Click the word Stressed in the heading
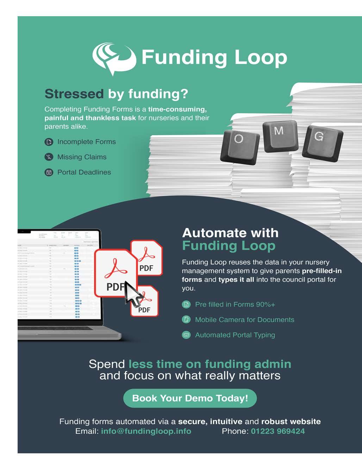point(74,94)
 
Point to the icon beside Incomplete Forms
point(49,142)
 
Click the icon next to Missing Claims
point(49,157)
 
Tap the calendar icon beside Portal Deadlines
point(49,172)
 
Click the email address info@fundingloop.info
point(146,431)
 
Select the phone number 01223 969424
point(278,431)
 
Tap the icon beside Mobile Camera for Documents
point(186,320)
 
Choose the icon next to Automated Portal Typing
point(186,335)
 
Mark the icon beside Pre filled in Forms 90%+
point(186,305)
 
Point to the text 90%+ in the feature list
point(265,305)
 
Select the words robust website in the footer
point(291,421)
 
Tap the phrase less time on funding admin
point(210,364)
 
